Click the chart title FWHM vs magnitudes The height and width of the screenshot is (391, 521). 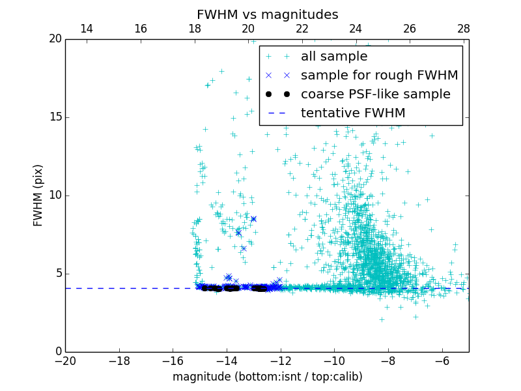tap(267, 14)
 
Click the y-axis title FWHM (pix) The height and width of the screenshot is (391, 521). tap(38, 195)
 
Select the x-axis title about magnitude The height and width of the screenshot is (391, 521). tap(267, 377)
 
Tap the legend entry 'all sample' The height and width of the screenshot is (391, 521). tap(334, 57)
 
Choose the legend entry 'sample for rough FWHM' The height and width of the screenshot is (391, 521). tap(379, 76)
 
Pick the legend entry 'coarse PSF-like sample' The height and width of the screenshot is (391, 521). tap(375, 94)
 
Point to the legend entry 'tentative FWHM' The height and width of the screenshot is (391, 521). tap(353, 113)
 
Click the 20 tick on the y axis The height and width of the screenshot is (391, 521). tap(54, 39)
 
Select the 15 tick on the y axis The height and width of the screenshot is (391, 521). tap(54, 117)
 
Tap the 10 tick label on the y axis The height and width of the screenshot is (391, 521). tap(54, 195)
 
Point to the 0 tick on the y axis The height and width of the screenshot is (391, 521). tap(57, 352)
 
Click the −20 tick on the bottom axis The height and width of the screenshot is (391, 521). tap(65, 360)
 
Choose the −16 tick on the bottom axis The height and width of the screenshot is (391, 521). tap(173, 360)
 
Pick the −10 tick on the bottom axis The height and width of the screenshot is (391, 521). tap(334, 360)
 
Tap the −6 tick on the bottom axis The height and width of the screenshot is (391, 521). tap(442, 360)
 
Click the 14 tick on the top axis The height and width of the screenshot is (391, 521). tap(86, 29)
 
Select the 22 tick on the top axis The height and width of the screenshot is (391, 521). tap(302, 29)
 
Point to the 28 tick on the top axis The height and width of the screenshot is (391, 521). tap(463, 29)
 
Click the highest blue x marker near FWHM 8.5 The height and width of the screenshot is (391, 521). tap(253, 219)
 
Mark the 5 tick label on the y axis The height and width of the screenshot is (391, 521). tap(57, 274)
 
